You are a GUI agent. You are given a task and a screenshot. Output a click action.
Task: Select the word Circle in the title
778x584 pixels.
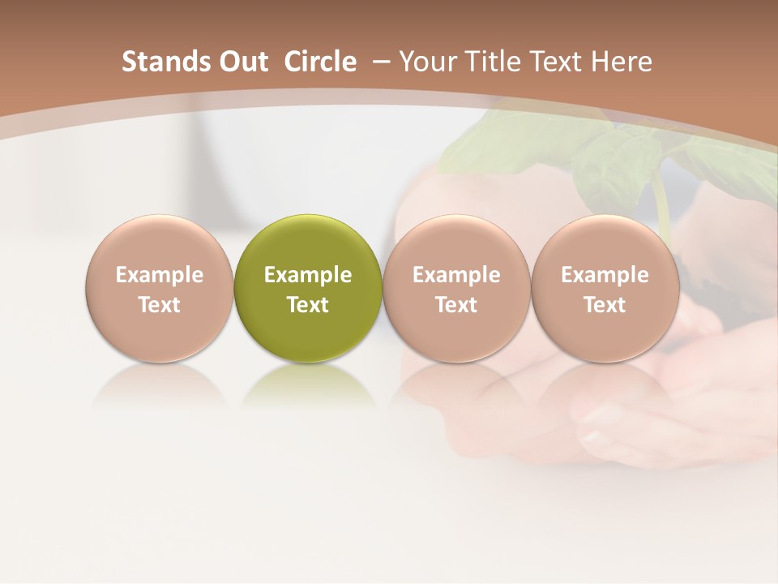pos(320,62)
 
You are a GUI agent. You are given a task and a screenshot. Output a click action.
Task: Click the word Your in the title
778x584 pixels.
pos(427,62)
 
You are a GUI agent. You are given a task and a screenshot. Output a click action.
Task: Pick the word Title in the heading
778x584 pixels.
pos(492,62)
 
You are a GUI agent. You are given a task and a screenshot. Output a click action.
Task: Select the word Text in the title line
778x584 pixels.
pos(557,62)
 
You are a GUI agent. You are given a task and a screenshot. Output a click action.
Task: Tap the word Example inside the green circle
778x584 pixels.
pos(308,275)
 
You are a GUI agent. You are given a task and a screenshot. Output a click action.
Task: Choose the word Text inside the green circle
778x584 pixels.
pos(308,305)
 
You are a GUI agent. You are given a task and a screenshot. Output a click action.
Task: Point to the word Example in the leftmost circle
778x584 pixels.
pos(160,275)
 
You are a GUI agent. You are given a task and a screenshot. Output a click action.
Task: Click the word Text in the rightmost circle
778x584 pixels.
pos(605,305)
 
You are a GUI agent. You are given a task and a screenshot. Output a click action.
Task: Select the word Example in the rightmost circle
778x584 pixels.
pos(605,275)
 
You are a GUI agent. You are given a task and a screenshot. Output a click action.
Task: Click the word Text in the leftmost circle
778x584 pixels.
pos(160,305)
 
